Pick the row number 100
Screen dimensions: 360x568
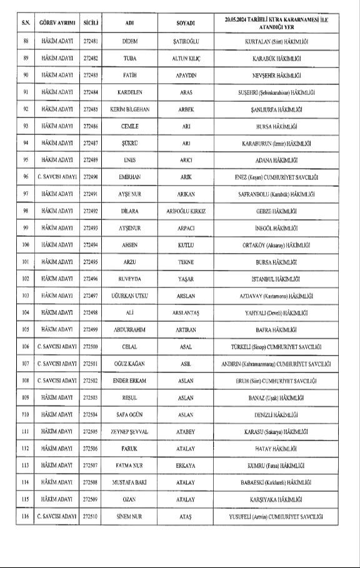coord(26,245)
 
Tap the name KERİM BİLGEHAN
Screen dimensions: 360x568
coord(129,109)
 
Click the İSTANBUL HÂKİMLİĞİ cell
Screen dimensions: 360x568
coord(278,279)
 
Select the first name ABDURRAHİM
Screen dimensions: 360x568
coord(129,329)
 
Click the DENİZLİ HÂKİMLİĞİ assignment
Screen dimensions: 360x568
coord(278,414)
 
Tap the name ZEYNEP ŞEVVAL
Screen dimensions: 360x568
coord(129,431)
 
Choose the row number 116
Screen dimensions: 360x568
coord(26,517)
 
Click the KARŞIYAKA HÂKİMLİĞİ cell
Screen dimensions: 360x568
coord(278,499)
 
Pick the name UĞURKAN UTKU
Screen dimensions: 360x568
coord(129,296)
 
